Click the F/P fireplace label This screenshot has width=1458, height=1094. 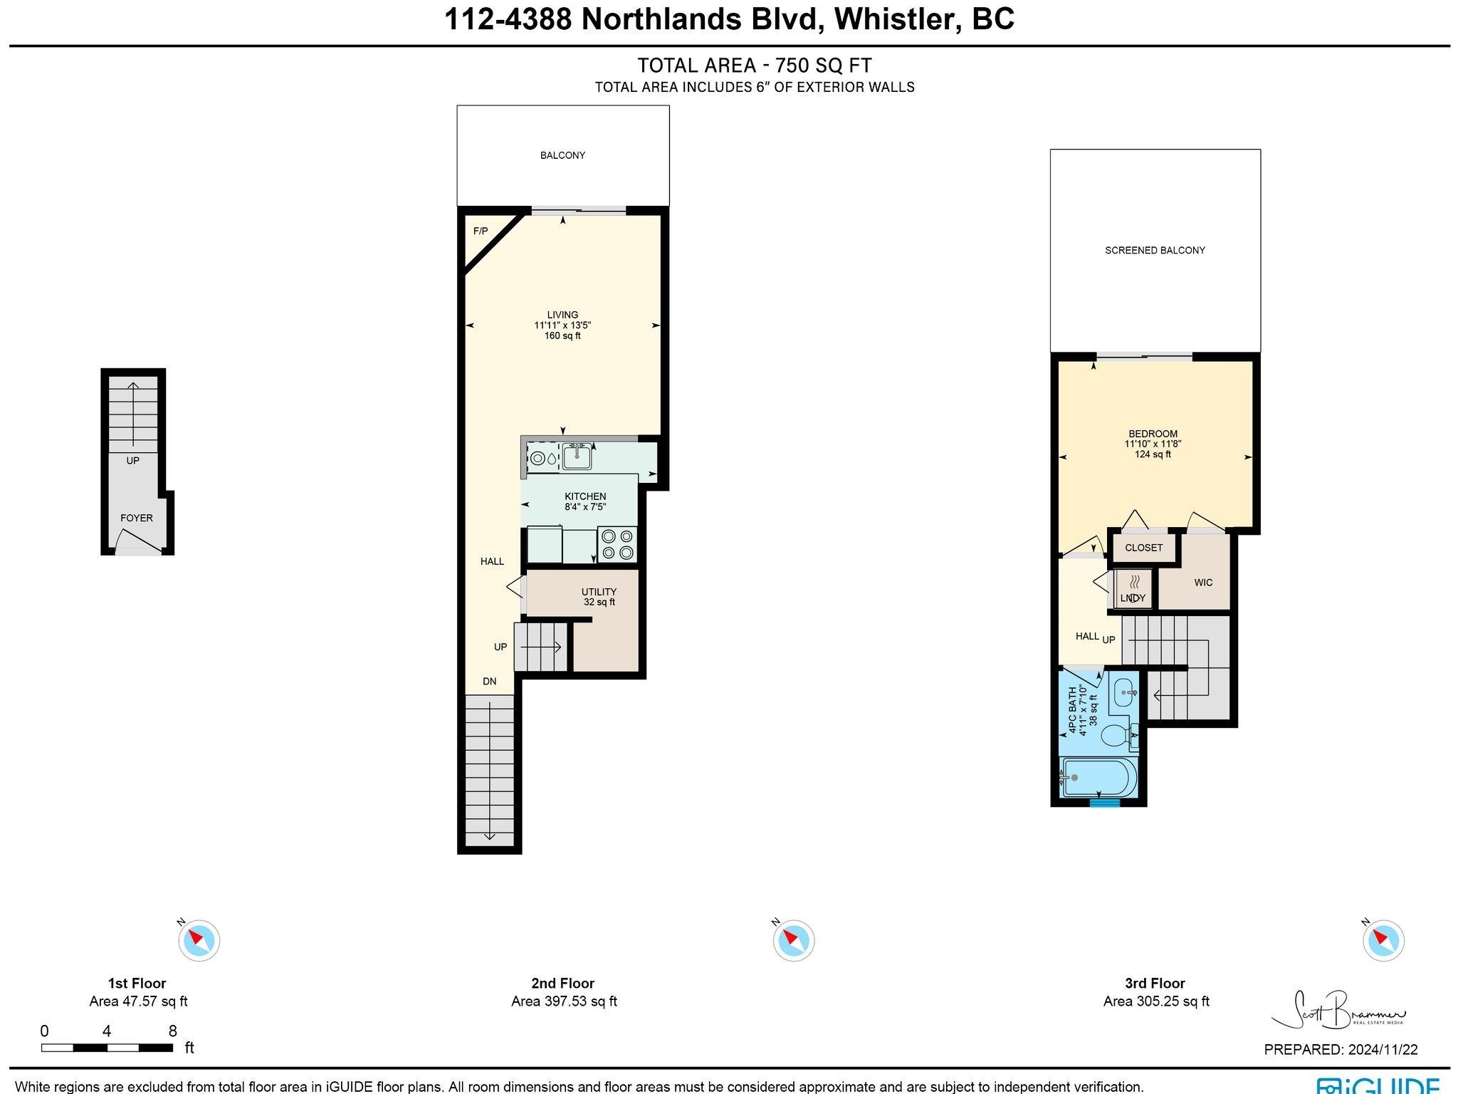(481, 231)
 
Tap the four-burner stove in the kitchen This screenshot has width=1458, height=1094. (617, 544)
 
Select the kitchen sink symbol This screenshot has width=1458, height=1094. (577, 456)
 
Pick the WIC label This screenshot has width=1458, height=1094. (1203, 583)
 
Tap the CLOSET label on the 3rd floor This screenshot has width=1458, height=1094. (1144, 548)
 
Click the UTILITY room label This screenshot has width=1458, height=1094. (599, 592)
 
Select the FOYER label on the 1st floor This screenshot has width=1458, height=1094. (137, 518)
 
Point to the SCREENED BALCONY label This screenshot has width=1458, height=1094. (1155, 250)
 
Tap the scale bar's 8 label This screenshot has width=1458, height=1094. (172, 1031)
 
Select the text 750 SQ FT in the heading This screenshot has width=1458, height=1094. (823, 66)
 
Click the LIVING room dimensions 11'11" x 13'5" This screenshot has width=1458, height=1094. (562, 325)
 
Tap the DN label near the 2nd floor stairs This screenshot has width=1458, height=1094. (489, 681)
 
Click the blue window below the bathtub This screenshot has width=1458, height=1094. (1104, 803)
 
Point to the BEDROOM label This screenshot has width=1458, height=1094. (1153, 434)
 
